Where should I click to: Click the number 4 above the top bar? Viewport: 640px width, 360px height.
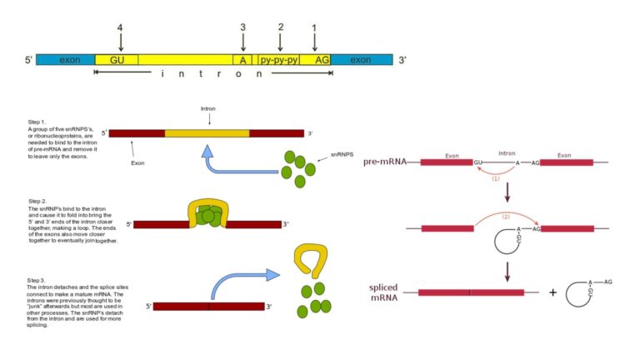[120, 27]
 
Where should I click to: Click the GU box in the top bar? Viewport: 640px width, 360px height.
[116, 60]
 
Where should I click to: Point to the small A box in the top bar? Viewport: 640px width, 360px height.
[242, 60]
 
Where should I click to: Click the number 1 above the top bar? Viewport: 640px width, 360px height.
[314, 27]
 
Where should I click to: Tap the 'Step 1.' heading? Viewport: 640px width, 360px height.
[37, 122]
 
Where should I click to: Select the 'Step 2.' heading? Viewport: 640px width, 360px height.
[37, 201]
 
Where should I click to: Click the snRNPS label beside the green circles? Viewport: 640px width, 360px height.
[342, 155]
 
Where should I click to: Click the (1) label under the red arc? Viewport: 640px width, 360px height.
[495, 178]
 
